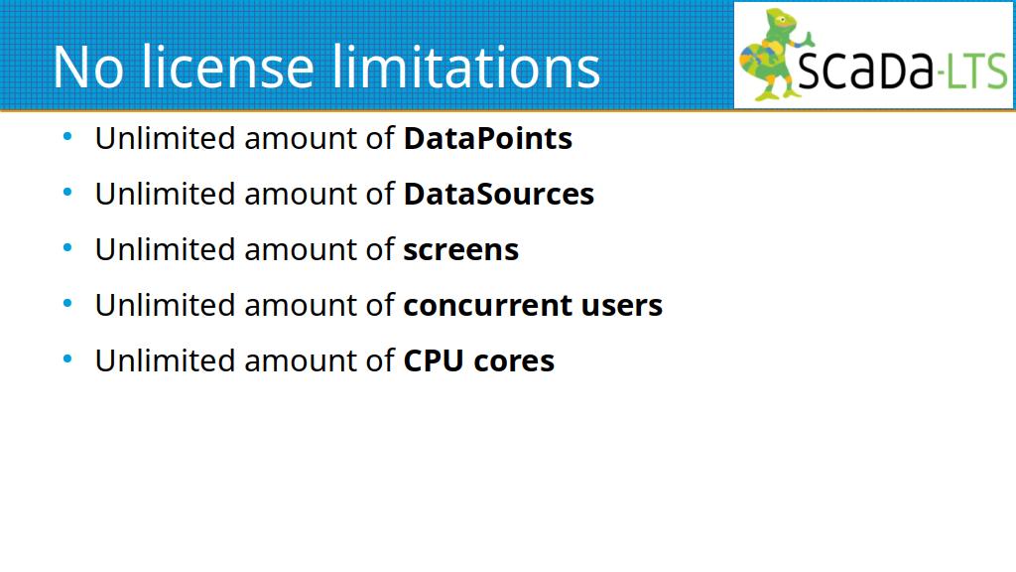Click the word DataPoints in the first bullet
click(x=488, y=138)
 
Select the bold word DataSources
click(x=499, y=194)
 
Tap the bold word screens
click(x=461, y=250)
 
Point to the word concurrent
click(x=487, y=306)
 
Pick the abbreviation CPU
click(x=434, y=361)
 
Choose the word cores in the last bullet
click(x=515, y=361)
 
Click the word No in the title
click(x=87, y=68)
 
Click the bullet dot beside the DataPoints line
click(x=67, y=137)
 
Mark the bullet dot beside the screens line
click(x=67, y=247)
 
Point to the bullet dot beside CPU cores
click(x=67, y=359)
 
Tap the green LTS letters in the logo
click(x=977, y=71)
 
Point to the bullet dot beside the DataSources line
click(x=67, y=193)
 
